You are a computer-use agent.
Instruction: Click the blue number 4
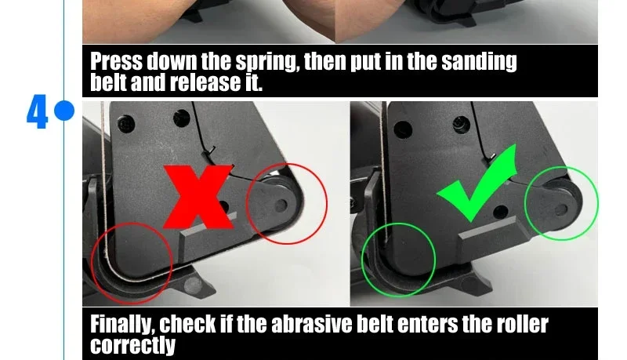tap(37, 111)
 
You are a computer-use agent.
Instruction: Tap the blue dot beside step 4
tap(64, 111)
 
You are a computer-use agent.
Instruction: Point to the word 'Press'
tap(116, 61)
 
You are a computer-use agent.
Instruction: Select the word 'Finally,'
tap(122, 325)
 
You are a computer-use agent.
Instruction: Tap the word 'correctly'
tap(132, 345)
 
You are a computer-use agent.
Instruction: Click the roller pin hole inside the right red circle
tap(281, 205)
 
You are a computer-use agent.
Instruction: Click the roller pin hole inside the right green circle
tap(562, 209)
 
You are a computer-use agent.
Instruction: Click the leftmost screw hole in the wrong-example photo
tap(126, 124)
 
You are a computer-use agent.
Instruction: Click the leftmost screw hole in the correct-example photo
tap(402, 129)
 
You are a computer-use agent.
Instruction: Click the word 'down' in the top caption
tap(172, 61)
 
